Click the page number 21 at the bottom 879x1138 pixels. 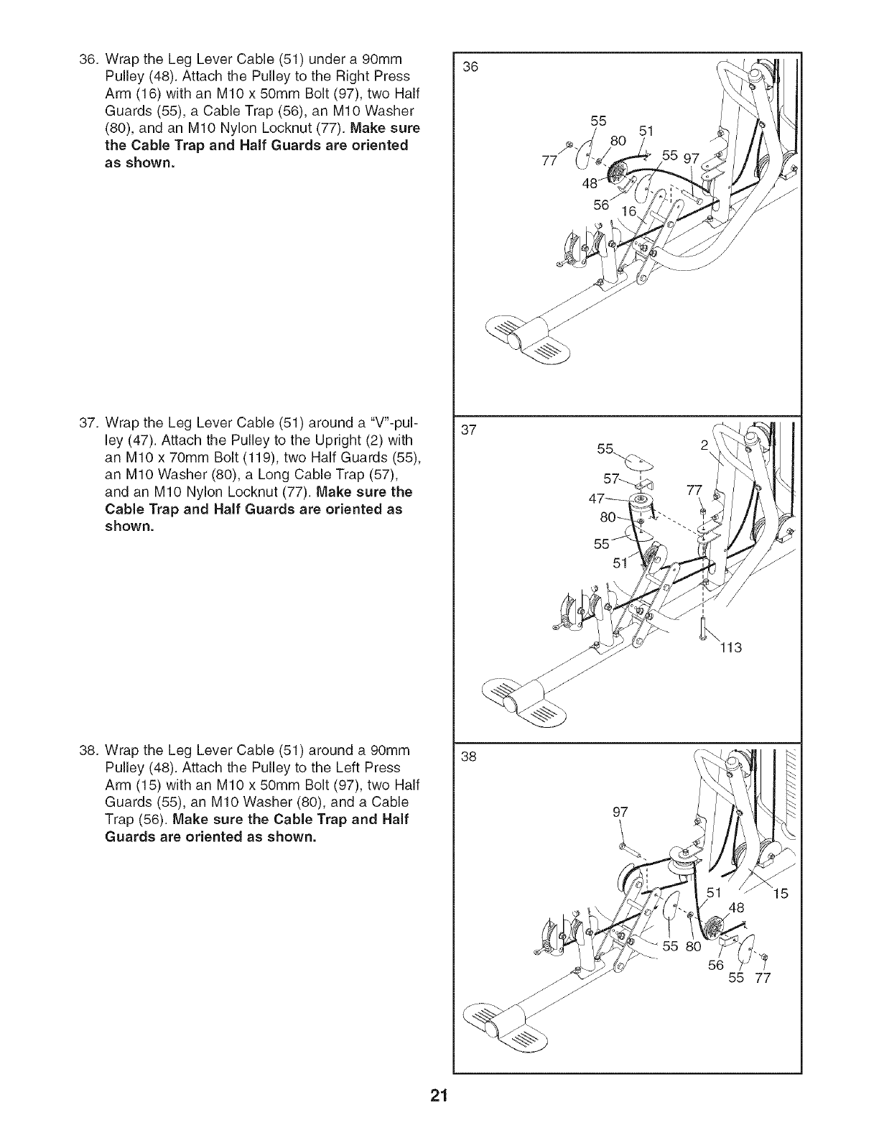point(439,1110)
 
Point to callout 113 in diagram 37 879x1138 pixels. point(731,648)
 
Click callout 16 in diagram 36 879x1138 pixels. point(628,211)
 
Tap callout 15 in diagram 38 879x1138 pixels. point(780,894)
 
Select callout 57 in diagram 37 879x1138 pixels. point(611,478)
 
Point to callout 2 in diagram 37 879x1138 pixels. point(704,445)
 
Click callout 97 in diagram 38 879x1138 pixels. point(620,812)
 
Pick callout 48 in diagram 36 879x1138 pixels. point(590,183)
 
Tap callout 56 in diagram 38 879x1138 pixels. point(716,965)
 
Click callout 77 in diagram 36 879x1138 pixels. point(549,161)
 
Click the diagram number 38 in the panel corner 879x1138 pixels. point(469,757)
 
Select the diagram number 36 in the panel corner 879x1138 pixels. point(470,67)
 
